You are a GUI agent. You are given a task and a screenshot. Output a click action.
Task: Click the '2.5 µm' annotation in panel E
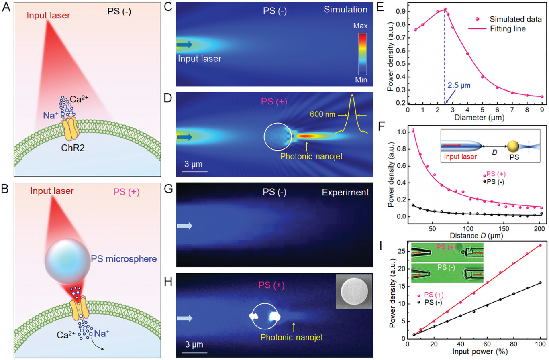459,85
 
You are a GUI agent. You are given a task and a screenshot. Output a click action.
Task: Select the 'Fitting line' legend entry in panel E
508,28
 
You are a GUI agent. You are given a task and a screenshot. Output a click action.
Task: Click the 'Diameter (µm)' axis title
479,118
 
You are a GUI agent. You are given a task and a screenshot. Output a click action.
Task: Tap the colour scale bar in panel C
362,53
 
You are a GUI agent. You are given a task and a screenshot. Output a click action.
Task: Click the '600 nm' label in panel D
322,114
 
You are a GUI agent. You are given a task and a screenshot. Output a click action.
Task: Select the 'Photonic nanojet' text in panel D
311,156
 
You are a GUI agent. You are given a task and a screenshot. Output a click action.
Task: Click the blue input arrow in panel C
184,45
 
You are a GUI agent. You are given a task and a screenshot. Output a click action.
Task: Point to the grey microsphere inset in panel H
354,291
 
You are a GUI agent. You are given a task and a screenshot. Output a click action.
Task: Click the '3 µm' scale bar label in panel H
194,344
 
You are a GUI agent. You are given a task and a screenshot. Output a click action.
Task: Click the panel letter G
168,188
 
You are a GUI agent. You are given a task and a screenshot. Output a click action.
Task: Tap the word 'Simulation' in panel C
345,10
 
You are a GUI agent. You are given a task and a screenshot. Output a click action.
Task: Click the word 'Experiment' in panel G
345,192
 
